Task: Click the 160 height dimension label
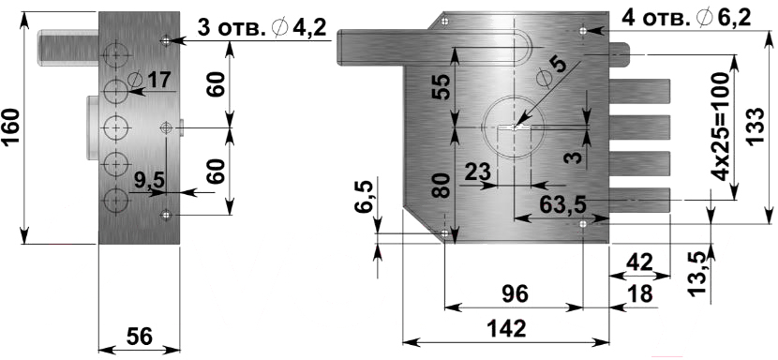click(12, 127)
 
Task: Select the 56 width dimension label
click(139, 337)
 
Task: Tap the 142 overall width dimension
click(506, 328)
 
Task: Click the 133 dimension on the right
click(754, 127)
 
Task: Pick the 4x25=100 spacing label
click(720, 127)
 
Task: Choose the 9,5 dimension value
click(149, 180)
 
